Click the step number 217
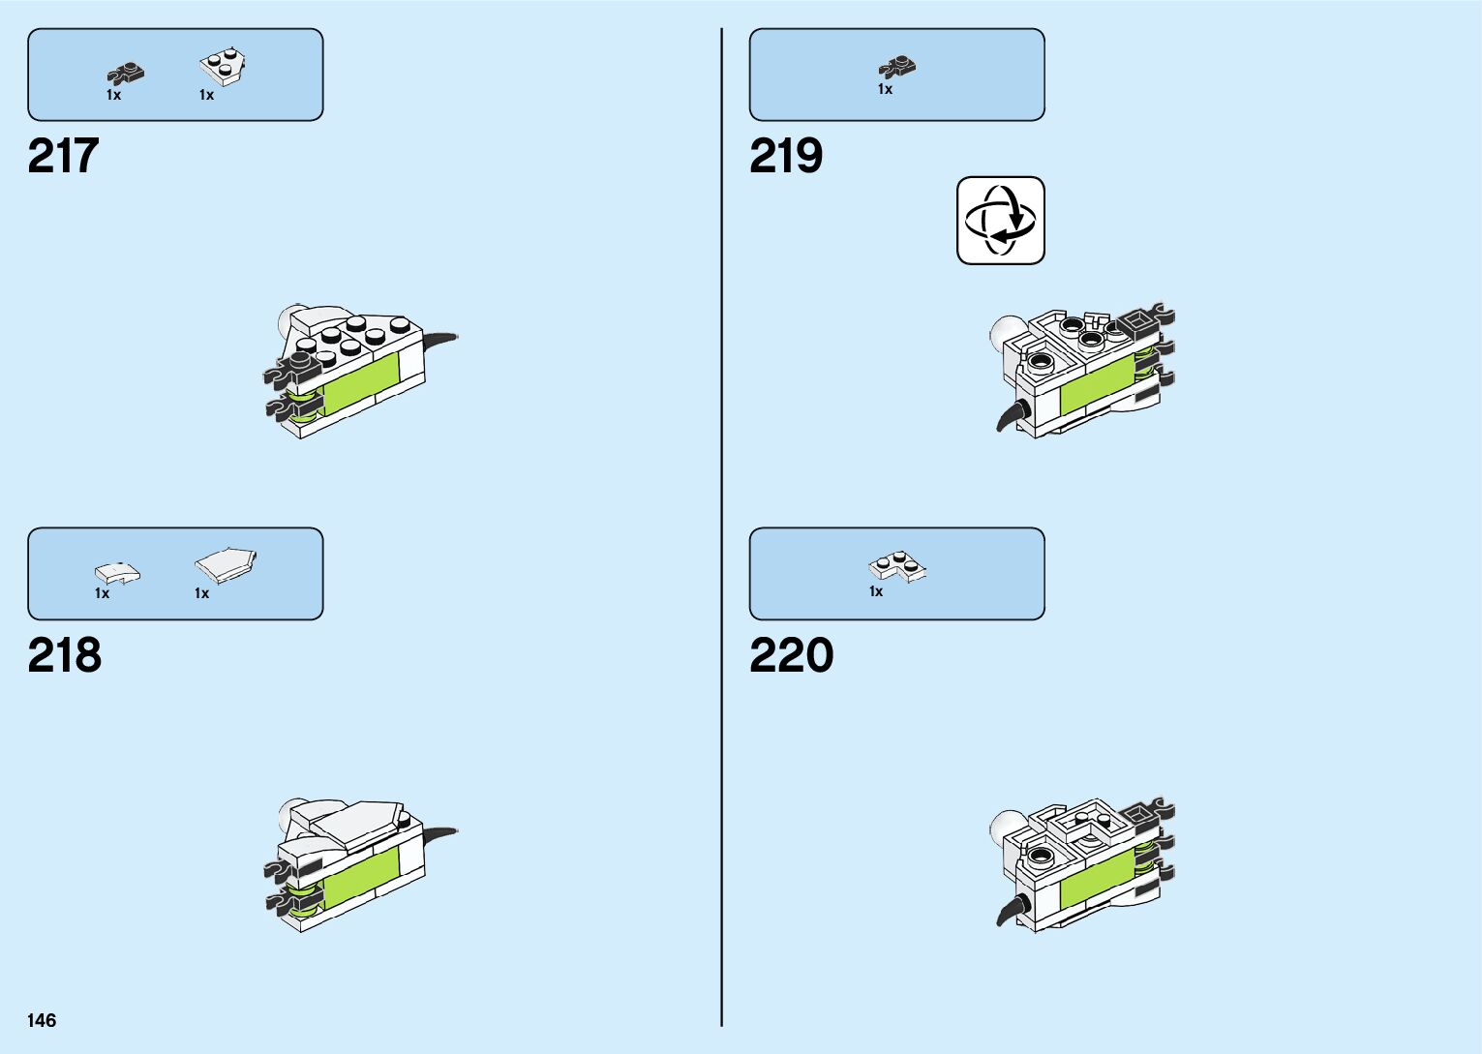(64, 156)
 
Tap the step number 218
(65, 655)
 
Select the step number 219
(786, 156)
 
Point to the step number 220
(791, 655)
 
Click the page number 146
(42, 1020)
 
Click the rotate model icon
(1000, 220)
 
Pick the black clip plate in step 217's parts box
(125, 73)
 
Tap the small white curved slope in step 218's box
(117, 572)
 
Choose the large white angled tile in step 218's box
(226, 564)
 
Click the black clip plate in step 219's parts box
(897, 66)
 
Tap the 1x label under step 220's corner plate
(876, 591)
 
